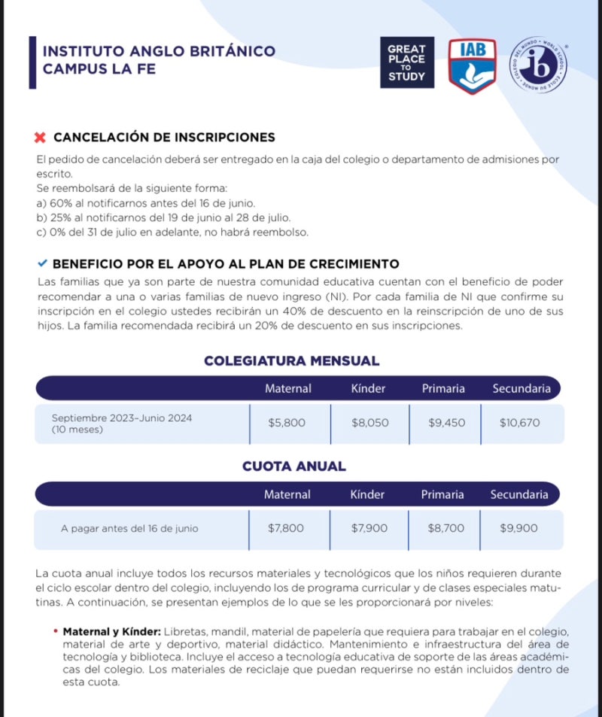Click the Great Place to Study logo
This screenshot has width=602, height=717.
(x=406, y=62)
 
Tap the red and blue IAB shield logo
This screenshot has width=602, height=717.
(x=472, y=65)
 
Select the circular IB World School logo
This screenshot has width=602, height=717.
(x=538, y=65)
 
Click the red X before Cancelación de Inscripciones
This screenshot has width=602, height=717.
(x=41, y=138)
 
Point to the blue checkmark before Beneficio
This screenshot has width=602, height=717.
(x=42, y=263)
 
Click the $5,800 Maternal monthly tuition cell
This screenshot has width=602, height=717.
(x=287, y=423)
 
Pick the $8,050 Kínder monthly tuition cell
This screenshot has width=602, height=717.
(x=369, y=423)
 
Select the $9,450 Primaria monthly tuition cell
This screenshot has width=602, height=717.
(x=446, y=423)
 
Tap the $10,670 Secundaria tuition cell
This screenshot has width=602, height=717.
(x=519, y=423)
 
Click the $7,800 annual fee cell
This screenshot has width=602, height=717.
(x=286, y=528)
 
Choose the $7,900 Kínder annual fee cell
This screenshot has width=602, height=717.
(x=369, y=528)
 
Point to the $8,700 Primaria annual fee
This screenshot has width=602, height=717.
(x=445, y=528)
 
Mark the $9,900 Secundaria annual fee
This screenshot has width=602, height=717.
(x=518, y=528)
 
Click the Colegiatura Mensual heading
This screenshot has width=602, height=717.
(x=291, y=361)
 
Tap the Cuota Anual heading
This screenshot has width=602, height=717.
(x=293, y=466)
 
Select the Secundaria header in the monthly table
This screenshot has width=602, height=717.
(x=521, y=389)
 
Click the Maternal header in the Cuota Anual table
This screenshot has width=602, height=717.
(x=287, y=494)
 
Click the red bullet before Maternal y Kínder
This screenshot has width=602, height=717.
(x=56, y=630)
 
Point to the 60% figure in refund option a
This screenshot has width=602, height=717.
(x=59, y=203)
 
